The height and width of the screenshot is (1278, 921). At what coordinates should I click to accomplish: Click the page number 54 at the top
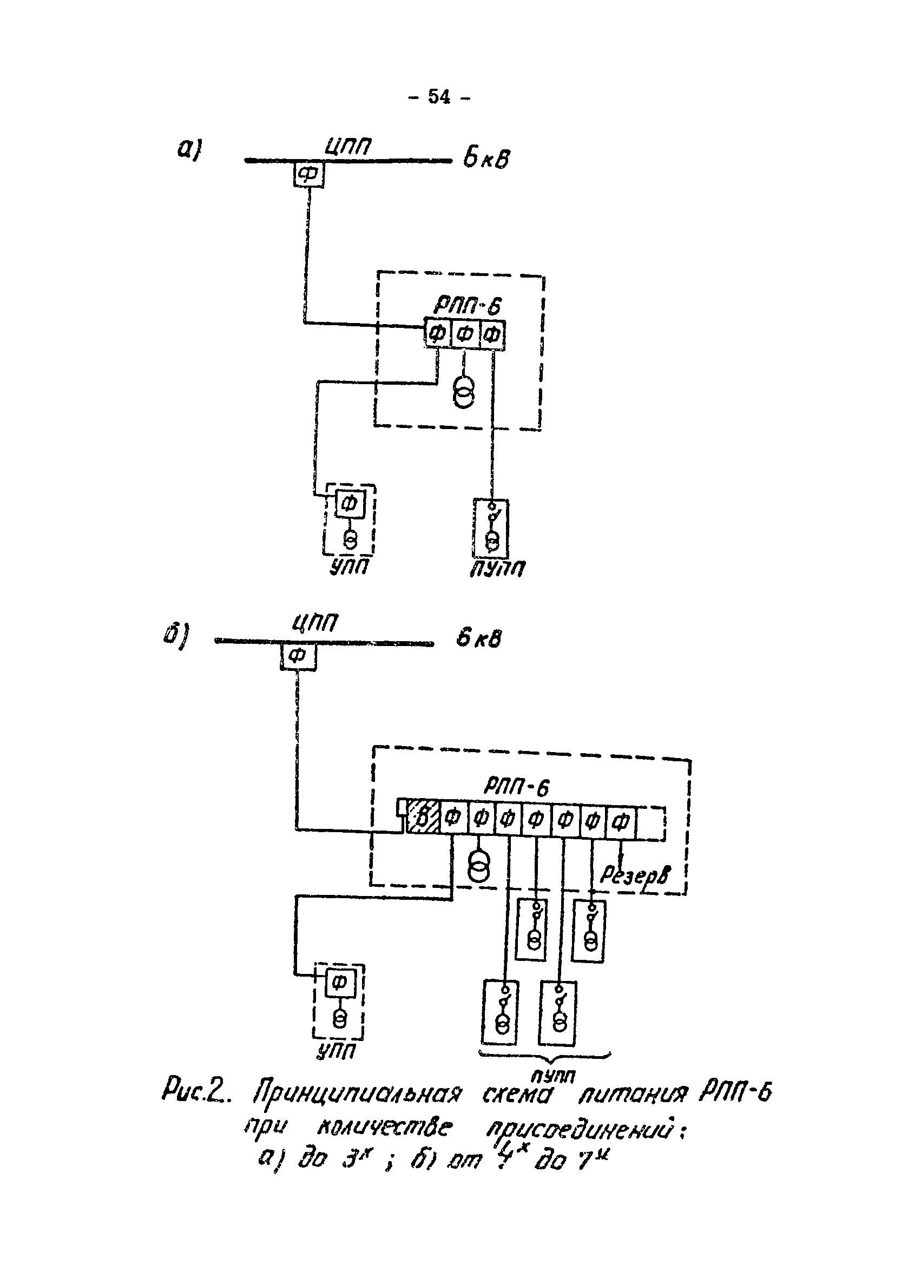coord(439,97)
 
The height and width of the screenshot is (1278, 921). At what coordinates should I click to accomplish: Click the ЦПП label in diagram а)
coord(348,148)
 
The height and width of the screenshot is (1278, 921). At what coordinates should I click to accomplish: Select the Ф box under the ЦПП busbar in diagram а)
coord(308,175)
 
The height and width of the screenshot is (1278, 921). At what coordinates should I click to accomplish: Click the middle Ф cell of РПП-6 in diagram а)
coord(464,335)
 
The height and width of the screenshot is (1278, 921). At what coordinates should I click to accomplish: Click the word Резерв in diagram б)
coord(635,874)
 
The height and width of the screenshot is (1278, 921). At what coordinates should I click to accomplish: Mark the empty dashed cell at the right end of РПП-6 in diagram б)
coord(650,824)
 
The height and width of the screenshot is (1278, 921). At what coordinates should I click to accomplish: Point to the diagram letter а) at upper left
coord(189,150)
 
